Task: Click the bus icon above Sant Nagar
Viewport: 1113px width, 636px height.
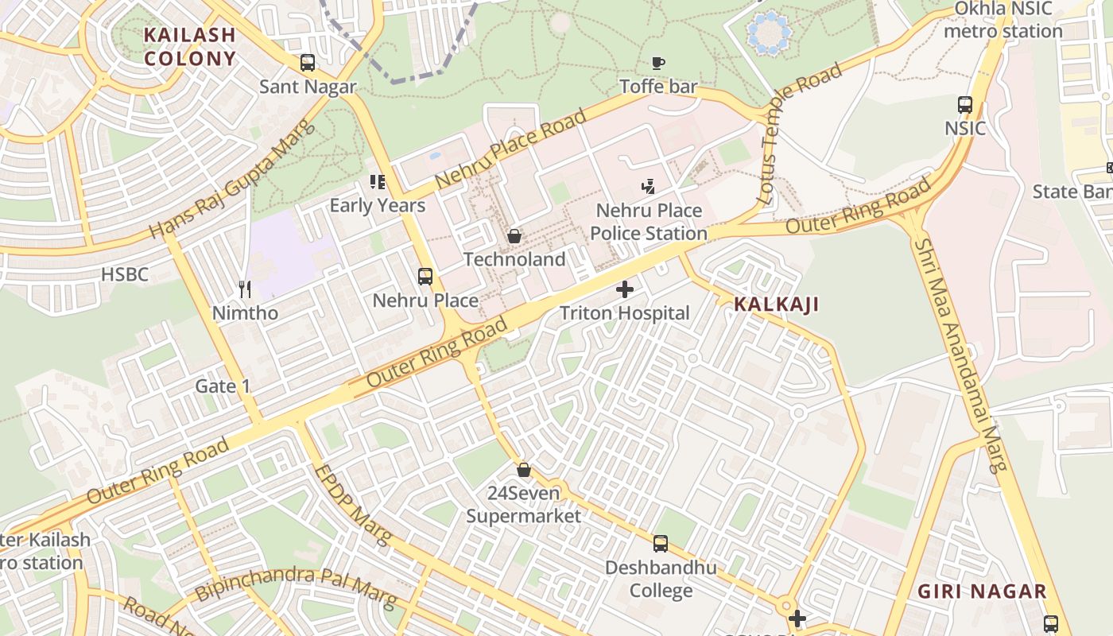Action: coord(307,62)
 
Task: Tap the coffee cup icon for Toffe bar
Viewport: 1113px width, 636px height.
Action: coord(657,62)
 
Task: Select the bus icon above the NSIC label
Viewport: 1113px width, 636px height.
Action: coord(965,104)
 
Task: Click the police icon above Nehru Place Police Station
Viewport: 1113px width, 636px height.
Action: coord(648,187)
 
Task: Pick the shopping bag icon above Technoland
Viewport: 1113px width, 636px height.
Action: coord(514,236)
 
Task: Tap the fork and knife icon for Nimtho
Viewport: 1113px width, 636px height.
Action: coord(245,289)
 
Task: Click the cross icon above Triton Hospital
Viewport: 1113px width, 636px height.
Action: coord(625,289)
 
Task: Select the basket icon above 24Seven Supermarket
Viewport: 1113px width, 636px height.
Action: coord(523,469)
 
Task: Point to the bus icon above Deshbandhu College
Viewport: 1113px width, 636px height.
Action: coord(660,544)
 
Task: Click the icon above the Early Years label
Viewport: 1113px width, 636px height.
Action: coord(378,182)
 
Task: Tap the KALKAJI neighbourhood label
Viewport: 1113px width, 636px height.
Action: coord(776,304)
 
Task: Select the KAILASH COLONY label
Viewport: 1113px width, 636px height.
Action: coord(190,46)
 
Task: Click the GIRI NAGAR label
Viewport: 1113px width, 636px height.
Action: coord(982,591)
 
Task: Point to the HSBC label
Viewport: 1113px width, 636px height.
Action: coord(125,275)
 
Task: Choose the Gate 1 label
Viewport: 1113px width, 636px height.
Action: coord(223,386)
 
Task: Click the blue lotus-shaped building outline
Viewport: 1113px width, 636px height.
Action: coord(770,33)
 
